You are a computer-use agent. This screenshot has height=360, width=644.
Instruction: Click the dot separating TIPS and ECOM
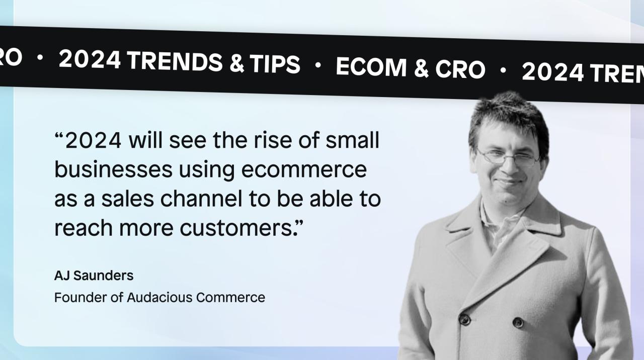[x=317, y=65]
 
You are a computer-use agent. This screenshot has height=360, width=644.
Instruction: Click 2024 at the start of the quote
[x=93, y=141]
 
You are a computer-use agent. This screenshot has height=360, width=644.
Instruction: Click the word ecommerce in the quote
[x=304, y=170]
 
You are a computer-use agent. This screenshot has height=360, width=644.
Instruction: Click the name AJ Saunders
[x=94, y=276]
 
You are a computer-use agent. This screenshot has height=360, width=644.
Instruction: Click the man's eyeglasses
[x=508, y=157]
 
